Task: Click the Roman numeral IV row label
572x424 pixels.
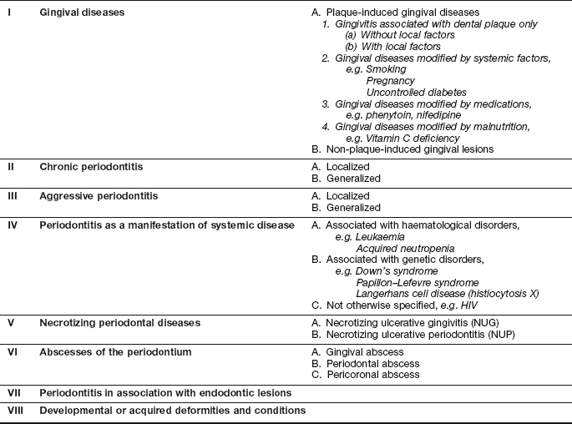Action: click(x=12, y=225)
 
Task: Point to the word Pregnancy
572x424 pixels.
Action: click(x=392, y=80)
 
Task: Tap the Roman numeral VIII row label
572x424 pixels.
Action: click(x=15, y=410)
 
